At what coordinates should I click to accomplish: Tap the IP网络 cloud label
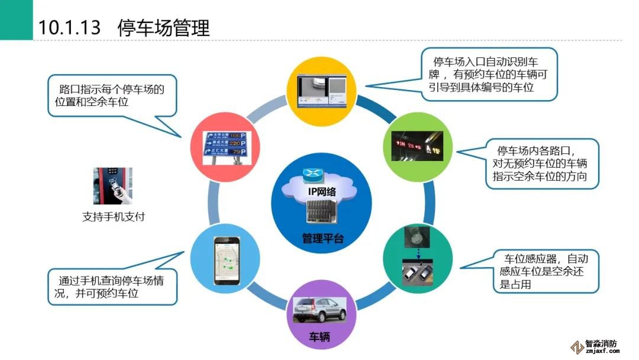click(x=322, y=191)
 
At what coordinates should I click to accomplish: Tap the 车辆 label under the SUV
click(x=319, y=338)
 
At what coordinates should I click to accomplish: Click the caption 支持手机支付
click(x=113, y=217)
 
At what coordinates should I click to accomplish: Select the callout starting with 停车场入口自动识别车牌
click(x=489, y=74)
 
